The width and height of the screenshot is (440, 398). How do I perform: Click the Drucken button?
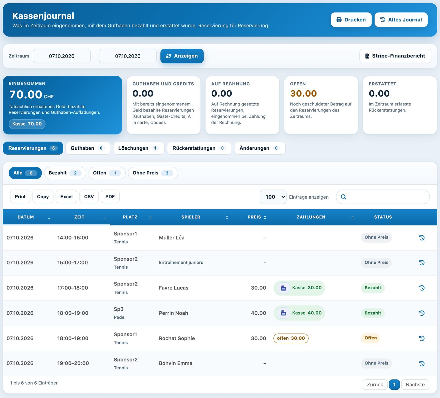click(x=351, y=20)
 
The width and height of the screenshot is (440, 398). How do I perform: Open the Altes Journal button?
click(x=401, y=20)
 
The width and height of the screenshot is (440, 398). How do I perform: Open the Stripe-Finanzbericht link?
click(x=395, y=56)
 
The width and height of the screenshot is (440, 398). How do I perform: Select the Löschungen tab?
click(x=139, y=148)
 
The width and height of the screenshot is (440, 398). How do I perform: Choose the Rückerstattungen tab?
click(x=199, y=148)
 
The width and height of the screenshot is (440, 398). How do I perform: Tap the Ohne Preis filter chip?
click(x=153, y=173)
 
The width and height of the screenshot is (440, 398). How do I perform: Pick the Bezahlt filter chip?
click(x=65, y=173)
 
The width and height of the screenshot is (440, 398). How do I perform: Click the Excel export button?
click(x=67, y=197)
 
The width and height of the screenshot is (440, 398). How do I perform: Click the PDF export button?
click(x=110, y=197)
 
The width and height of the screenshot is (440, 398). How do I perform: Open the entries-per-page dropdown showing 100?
click(x=273, y=197)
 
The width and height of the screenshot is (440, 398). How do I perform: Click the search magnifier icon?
click(x=343, y=197)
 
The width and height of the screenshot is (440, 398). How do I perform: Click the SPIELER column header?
click(x=191, y=217)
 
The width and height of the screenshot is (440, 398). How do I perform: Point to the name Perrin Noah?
click(x=174, y=313)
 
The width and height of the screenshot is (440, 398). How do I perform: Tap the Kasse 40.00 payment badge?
click(x=299, y=313)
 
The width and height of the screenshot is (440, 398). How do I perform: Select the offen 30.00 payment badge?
click(x=291, y=338)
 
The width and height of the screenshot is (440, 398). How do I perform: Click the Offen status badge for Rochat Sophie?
click(x=371, y=338)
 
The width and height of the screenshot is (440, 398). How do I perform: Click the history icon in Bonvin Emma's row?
click(x=422, y=363)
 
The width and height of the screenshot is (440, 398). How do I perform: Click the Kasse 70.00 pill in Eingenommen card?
click(x=27, y=124)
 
